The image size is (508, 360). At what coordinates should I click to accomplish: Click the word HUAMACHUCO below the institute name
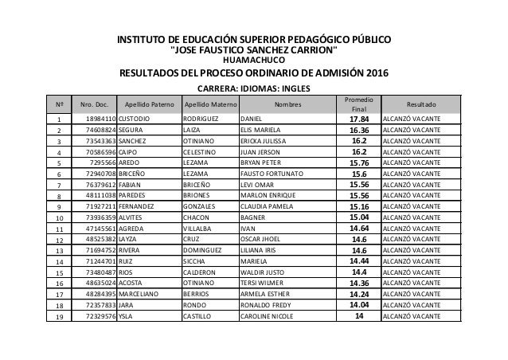(x=254, y=59)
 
